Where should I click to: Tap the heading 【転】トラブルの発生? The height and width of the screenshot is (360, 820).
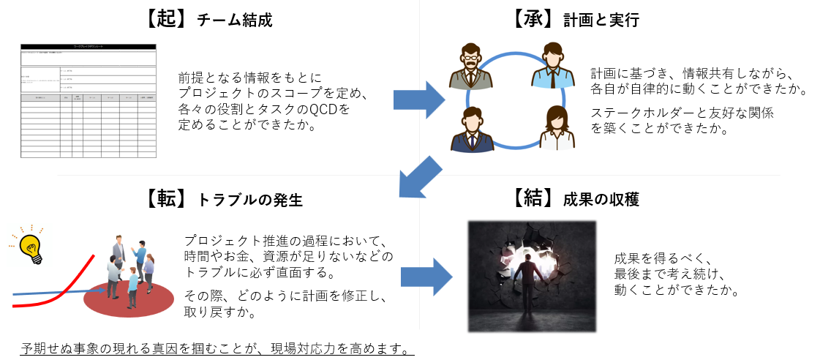pos(220,199)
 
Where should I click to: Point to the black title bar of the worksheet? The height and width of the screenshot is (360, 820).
pos(89,47)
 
